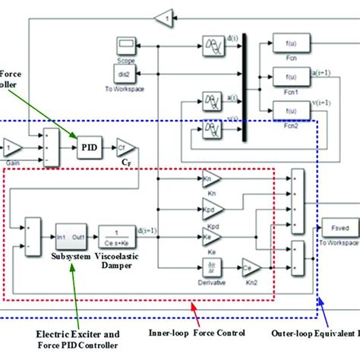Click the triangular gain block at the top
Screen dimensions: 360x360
coord(163,16)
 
